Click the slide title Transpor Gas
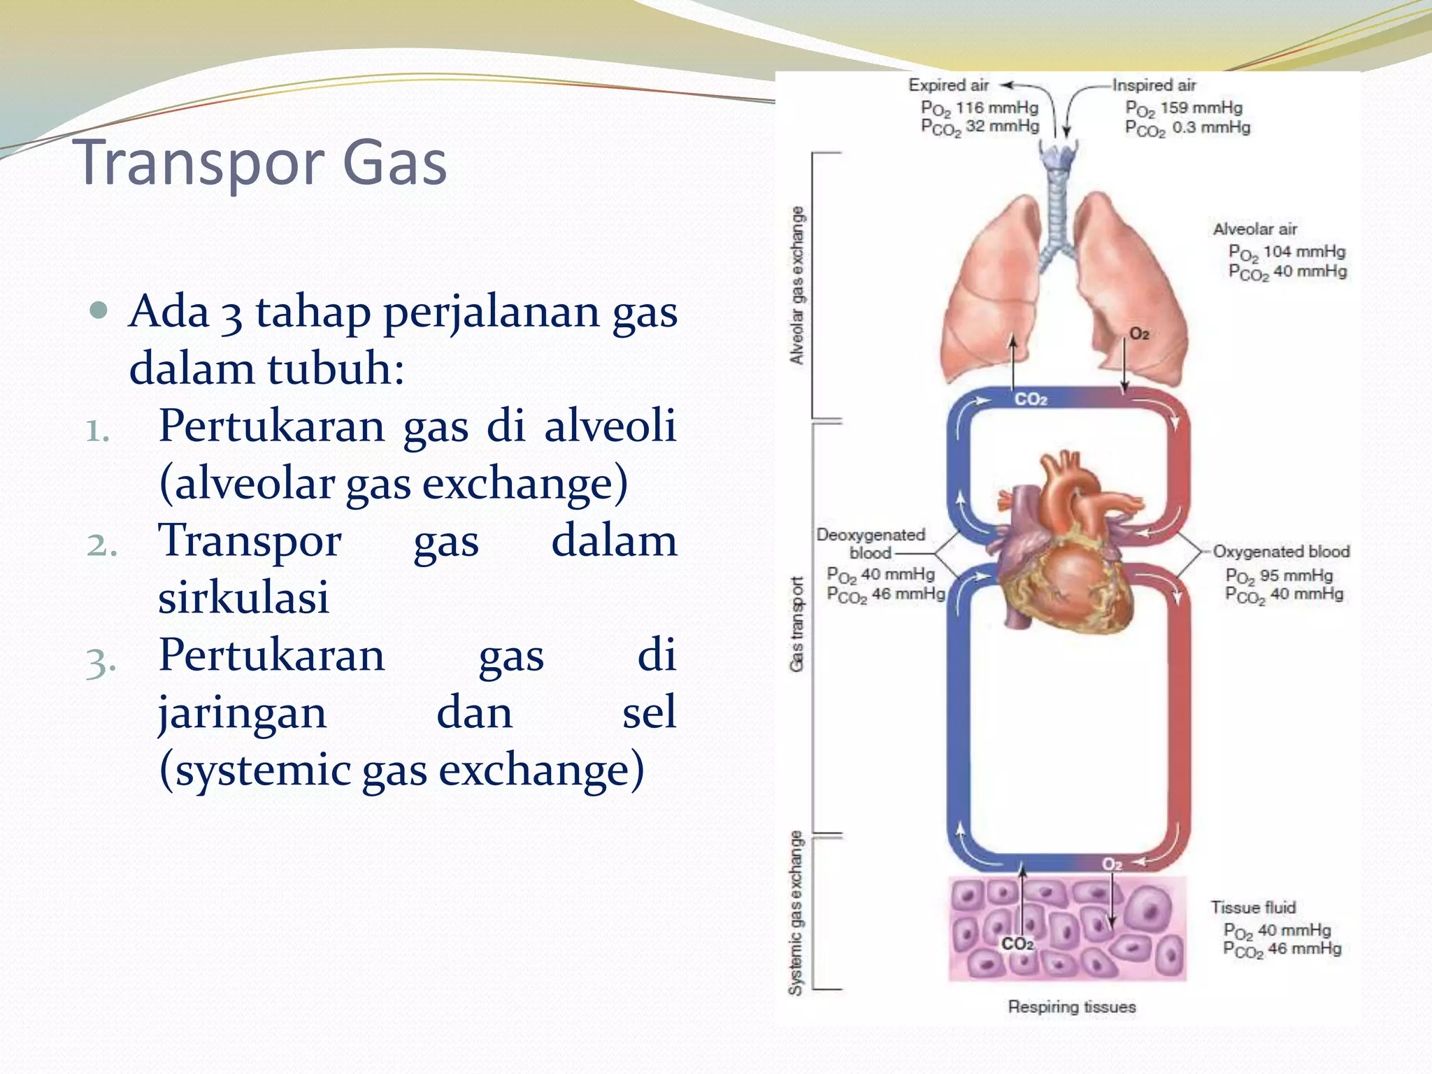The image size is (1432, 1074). [x=263, y=162]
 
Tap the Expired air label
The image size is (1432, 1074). [x=948, y=85]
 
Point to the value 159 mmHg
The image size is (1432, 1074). [x=1201, y=108]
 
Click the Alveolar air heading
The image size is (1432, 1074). [x=1254, y=229]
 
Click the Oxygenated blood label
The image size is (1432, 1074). [x=1280, y=552]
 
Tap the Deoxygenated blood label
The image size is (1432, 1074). [x=871, y=543]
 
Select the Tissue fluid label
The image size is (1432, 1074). [x=1253, y=908]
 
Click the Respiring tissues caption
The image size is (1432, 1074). [x=1071, y=1007]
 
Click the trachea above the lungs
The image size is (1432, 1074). [x=1057, y=203]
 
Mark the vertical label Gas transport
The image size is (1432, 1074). [x=796, y=624]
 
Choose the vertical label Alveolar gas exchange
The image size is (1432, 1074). [x=796, y=285]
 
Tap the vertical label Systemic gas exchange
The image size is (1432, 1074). [x=796, y=912]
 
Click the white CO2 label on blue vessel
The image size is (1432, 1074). [x=1031, y=399]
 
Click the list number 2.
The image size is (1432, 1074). [x=101, y=544]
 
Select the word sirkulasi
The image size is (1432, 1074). [x=243, y=598]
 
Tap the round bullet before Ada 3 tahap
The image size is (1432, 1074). [x=99, y=310]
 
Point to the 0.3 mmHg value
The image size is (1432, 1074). [x=1211, y=128]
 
